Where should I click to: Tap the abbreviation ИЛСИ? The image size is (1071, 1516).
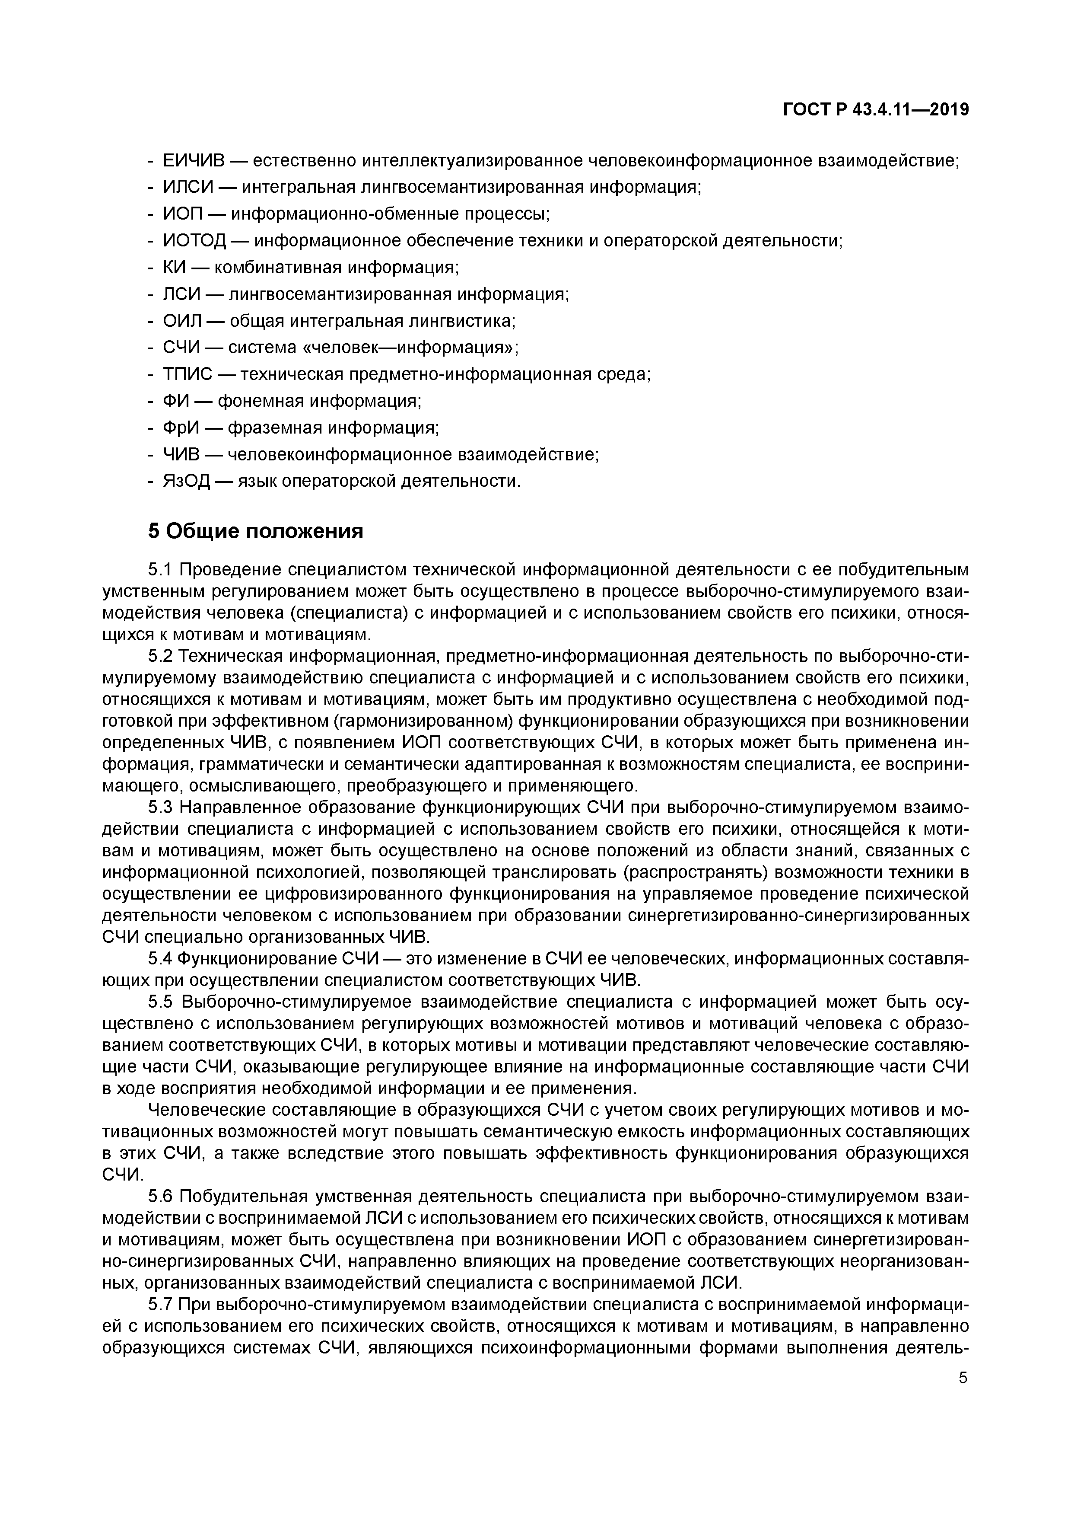coord(189,188)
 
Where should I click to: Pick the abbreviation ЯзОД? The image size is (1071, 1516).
coord(186,482)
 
